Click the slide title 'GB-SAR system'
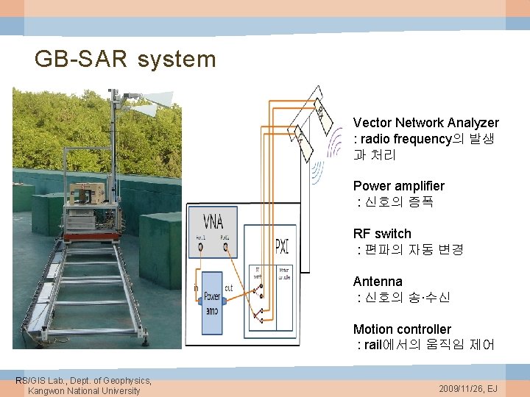point(125,59)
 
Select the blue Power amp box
point(211,303)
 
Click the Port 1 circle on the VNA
point(201,247)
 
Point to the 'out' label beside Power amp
point(229,288)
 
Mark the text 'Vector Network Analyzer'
point(425,123)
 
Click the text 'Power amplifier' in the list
point(398,186)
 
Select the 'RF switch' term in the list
point(382,234)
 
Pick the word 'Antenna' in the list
point(378,282)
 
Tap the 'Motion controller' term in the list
point(402,329)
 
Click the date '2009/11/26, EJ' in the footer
point(467,387)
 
